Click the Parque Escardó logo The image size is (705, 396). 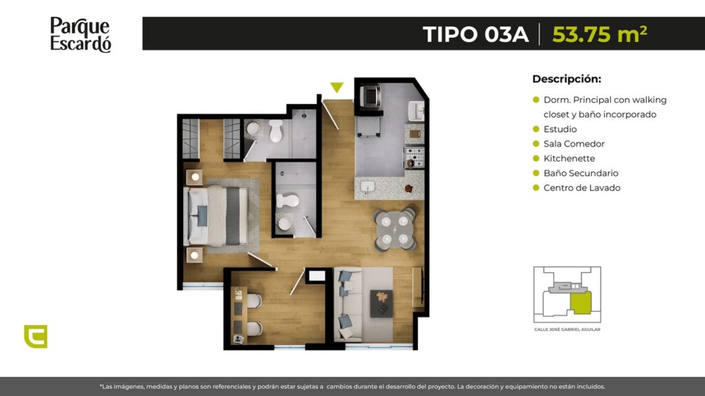[81, 34]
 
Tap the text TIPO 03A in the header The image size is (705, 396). [476, 34]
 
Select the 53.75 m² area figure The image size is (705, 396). [600, 34]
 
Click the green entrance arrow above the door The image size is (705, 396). [337, 87]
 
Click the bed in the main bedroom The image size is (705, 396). [216, 216]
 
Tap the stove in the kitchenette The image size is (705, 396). [414, 157]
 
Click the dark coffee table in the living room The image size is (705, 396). [381, 304]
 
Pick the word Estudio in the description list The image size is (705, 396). [560, 129]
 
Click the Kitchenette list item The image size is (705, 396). [569, 158]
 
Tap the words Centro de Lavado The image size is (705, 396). [582, 187]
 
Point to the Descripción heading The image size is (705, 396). [567, 79]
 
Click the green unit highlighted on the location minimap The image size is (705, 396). [580, 302]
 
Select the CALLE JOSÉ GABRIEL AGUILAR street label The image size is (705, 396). [567, 329]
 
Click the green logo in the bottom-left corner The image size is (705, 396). [36, 337]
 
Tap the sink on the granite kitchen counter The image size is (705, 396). [368, 186]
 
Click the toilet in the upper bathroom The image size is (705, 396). [275, 130]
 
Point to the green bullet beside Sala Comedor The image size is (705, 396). [536, 144]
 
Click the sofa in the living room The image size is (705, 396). [348, 304]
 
